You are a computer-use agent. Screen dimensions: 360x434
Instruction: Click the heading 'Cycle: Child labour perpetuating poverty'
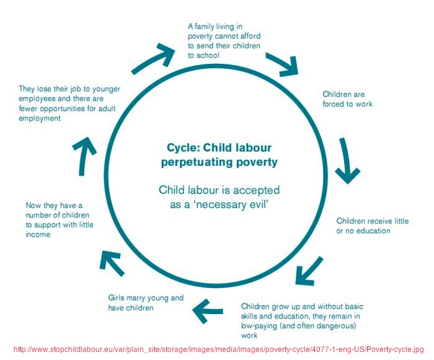pyautogui.click(x=219, y=155)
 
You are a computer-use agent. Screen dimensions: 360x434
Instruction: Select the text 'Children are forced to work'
pyautogui.click(x=347, y=99)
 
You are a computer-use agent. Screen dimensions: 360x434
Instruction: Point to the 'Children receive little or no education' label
pyautogui.click(x=372, y=226)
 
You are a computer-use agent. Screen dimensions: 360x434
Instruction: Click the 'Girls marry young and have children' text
pyautogui.click(x=146, y=302)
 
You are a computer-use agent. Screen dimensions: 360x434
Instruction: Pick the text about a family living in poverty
pyautogui.click(x=224, y=41)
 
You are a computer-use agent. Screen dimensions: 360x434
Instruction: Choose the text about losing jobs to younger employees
pyautogui.click(x=69, y=104)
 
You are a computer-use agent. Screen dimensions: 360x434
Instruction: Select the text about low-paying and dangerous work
pyautogui.click(x=302, y=321)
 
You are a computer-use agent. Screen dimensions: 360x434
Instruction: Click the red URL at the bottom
pyautogui.click(x=218, y=349)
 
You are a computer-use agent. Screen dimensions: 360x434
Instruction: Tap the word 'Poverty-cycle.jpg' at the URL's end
pyautogui.click(x=395, y=349)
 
